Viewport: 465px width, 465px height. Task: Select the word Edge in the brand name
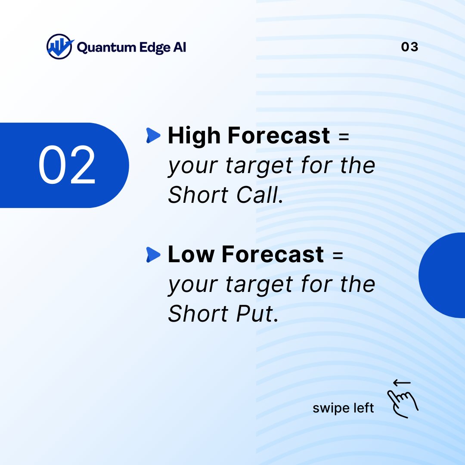156,47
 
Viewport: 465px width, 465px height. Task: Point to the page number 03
409,47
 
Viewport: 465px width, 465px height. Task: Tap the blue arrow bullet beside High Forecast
153,136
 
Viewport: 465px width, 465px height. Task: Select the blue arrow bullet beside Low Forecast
153,254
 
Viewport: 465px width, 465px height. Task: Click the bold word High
195,136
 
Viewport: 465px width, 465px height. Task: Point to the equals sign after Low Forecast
338,255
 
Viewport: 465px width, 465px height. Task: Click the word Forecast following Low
273,254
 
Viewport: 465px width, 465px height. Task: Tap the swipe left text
343,408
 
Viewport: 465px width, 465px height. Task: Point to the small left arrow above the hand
402,382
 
